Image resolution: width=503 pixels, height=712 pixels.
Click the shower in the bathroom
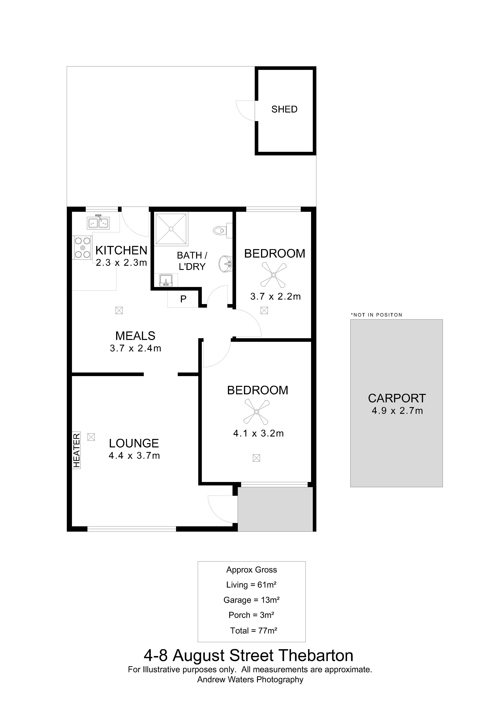pos(171,229)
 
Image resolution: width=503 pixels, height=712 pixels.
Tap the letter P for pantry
pos(183,299)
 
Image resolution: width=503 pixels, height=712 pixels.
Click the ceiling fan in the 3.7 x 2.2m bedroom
pos(274,275)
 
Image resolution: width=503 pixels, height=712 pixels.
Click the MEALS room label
pos(135,336)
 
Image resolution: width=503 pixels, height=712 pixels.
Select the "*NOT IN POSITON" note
pos(376,315)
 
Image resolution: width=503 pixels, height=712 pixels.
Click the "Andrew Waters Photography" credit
pos(250,679)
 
